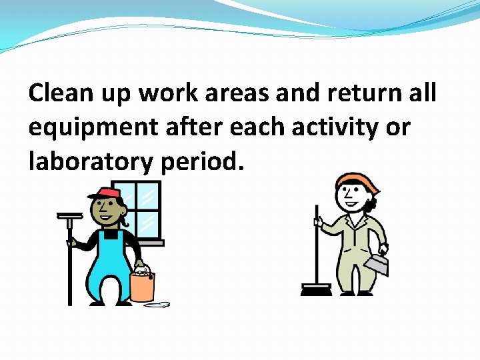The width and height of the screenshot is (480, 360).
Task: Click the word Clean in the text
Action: click(60, 93)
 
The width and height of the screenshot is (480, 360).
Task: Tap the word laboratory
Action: click(91, 161)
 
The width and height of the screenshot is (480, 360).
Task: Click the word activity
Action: click(331, 127)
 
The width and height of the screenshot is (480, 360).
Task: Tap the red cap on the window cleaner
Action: click(105, 193)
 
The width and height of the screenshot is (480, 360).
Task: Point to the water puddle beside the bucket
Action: click(157, 305)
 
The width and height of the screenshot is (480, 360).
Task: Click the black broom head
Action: click(316, 290)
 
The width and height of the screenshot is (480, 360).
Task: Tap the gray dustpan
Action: click(378, 264)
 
